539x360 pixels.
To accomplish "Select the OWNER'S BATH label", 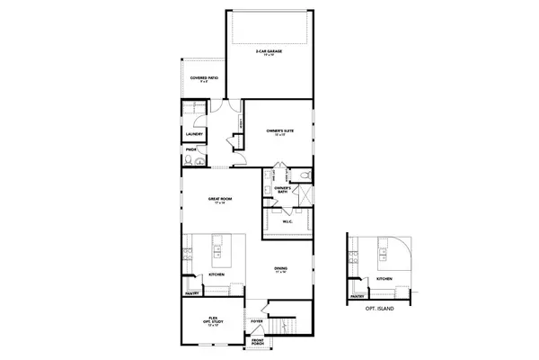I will coord(281,189).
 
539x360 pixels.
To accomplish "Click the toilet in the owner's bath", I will coord(304,174).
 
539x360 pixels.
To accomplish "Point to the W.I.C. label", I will coord(287,222).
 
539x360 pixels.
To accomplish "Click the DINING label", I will coord(281,269).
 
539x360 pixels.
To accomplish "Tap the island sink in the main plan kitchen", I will coord(218,246).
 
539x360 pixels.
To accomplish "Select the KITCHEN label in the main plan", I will coord(216,274).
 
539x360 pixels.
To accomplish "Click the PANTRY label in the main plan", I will coord(191,292).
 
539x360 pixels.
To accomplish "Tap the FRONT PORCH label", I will coord(257,342).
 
